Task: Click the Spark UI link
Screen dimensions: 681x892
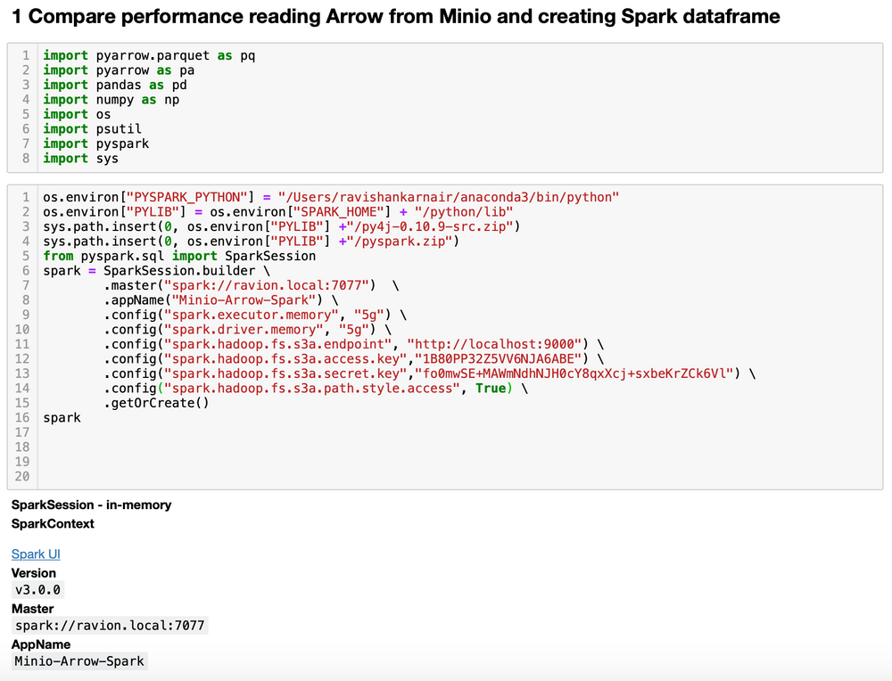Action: coord(36,554)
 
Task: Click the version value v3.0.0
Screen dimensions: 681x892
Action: coord(38,590)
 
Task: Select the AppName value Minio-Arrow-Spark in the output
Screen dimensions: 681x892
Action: coord(79,661)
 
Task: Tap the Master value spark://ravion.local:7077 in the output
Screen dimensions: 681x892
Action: coord(110,626)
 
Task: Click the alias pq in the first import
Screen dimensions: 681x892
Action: coord(247,55)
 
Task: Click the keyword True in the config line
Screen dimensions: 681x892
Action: coord(490,388)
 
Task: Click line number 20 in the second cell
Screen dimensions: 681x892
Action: coord(22,476)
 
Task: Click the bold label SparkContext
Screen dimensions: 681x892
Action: coord(53,524)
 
